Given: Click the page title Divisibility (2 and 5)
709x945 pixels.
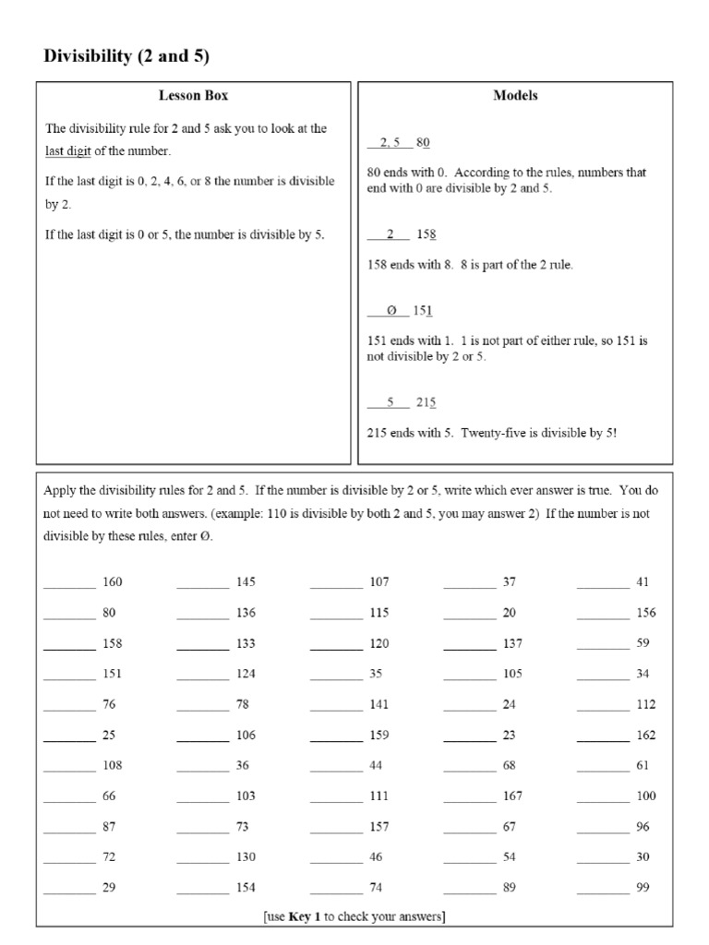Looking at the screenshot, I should point(127,56).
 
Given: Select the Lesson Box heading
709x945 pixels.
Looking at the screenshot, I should point(193,96).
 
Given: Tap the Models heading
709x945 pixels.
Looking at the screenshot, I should point(515,96).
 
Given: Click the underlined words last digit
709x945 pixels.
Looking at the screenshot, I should point(68,151).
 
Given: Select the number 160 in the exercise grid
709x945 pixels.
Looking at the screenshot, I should point(113,582).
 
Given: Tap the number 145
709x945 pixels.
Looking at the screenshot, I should point(246,582).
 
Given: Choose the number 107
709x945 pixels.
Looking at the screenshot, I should point(379,582).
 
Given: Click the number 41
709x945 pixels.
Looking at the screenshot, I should point(643,582).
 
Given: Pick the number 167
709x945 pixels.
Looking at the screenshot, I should point(512,796).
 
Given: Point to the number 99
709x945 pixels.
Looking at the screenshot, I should point(643,888).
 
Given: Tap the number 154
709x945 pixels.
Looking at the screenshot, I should point(246,888).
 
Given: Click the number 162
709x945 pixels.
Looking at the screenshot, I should point(646,736).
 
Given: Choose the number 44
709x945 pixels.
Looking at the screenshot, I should point(376,766).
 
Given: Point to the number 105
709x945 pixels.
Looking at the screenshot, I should point(512,674).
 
